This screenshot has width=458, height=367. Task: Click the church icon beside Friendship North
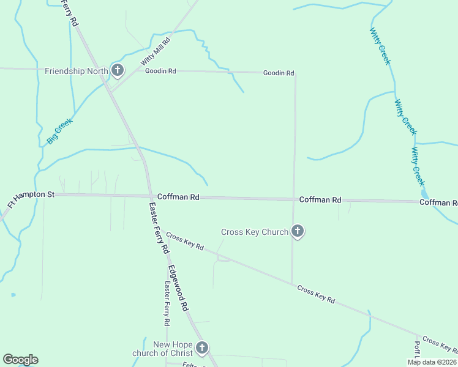[x=117, y=70]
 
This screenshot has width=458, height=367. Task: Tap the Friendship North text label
[x=77, y=71]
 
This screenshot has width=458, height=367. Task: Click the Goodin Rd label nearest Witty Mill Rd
[x=160, y=71]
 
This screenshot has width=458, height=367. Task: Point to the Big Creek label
[x=59, y=131]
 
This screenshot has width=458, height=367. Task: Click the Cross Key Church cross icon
[x=298, y=231]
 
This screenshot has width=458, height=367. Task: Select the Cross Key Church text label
[x=254, y=232]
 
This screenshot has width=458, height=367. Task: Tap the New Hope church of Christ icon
[x=201, y=348]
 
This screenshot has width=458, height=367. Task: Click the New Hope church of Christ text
[x=163, y=349]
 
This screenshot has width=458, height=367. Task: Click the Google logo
[x=20, y=360]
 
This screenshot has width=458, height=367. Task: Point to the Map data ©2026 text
[x=432, y=362]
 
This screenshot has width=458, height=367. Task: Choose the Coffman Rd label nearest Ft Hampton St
[x=178, y=197]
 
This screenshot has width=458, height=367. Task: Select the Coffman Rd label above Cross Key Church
[x=320, y=200]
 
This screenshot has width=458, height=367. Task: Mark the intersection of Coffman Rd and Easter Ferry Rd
[x=150, y=196]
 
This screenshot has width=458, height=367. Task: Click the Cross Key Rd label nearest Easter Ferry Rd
[x=184, y=242]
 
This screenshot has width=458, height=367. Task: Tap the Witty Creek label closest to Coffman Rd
[x=418, y=166]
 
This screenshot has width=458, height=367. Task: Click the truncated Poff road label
[x=417, y=352]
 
